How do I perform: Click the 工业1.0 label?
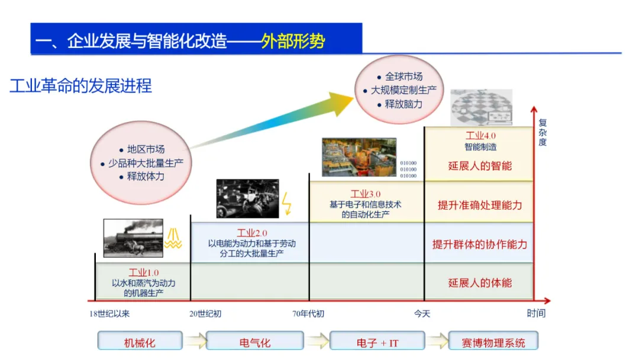(x=144, y=272)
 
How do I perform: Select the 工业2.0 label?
(x=251, y=233)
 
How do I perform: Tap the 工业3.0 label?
(x=366, y=194)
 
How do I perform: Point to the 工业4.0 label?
(x=480, y=136)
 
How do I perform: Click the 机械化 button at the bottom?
(x=140, y=342)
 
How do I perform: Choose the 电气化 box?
(x=255, y=342)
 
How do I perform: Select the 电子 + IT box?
(x=377, y=342)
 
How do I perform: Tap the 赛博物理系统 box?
(x=493, y=342)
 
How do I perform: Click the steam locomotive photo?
(x=133, y=237)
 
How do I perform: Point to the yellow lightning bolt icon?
(x=288, y=202)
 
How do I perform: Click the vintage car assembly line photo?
(x=247, y=198)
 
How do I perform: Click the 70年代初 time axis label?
(x=308, y=313)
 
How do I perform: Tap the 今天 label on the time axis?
(x=422, y=313)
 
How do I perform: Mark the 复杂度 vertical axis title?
(x=543, y=133)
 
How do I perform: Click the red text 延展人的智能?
(x=480, y=166)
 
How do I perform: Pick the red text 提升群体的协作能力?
(x=480, y=244)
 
